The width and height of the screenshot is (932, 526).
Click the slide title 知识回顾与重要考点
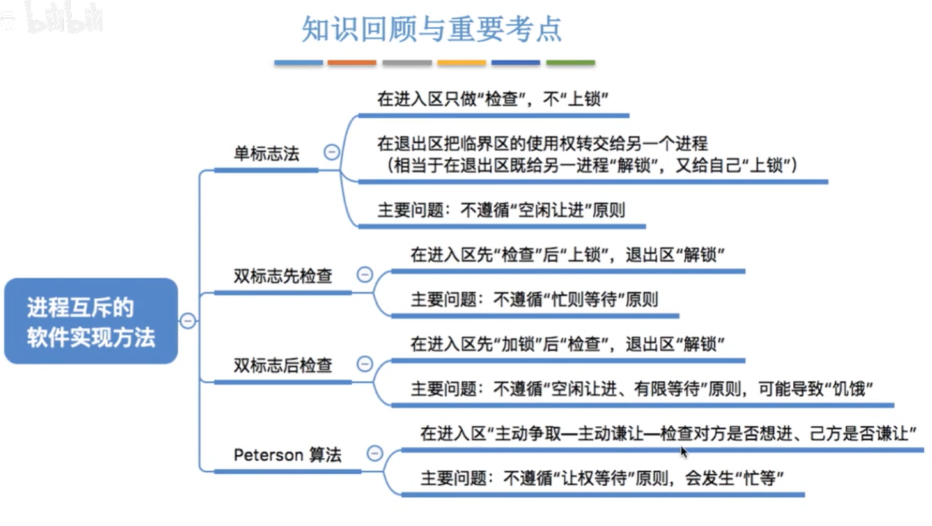point(431,29)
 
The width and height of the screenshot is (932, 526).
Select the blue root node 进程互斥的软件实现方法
point(91,321)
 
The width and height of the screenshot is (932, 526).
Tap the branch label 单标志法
point(266,154)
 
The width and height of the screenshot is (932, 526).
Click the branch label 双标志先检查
point(283,276)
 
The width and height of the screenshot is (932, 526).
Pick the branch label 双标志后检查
point(283,365)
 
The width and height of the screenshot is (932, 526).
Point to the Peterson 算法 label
point(287,455)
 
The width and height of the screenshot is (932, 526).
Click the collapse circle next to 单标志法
point(332,152)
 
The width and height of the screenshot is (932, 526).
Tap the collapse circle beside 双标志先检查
point(364,275)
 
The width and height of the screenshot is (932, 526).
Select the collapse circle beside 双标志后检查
point(364,364)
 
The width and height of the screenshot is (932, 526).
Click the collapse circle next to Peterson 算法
point(375,454)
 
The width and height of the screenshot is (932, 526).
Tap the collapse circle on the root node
point(188,321)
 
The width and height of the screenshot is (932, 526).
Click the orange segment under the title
point(352,63)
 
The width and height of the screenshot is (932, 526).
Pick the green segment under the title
point(570,63)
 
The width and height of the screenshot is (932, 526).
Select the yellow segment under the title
point(461,63)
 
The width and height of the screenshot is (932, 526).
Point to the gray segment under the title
point(407,63)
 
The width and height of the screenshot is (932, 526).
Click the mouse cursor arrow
point(683,451)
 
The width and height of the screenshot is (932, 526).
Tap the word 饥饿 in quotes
point(848,388)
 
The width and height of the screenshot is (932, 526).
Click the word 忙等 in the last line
point(759,478)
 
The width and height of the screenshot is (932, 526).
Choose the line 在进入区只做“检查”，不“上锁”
point(492,99)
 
